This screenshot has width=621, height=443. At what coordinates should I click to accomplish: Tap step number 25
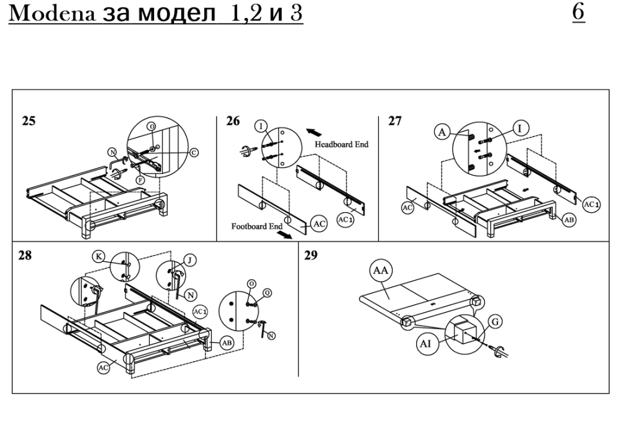[x=29, y=121]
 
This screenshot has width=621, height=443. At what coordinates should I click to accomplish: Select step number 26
[x=233, y=121]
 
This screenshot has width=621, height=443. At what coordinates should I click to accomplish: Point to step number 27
[x=395, y=121]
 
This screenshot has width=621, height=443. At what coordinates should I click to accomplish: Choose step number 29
[x=311, y=256]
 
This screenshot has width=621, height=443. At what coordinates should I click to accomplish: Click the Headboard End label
[x=342, y=144]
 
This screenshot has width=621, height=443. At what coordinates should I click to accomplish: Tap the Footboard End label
[x=257, y=226]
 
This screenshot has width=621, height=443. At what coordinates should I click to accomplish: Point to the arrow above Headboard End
[x=315, y=132]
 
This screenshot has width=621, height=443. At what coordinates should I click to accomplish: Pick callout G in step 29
[x=496, y=321]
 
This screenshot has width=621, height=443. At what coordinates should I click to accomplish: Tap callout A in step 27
[x=443, y=132]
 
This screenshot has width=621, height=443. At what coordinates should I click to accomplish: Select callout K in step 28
[x=99, y=256]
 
